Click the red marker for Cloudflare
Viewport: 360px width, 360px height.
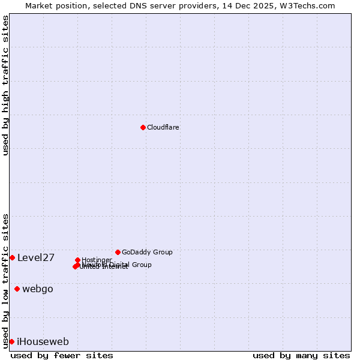[x=143, y=127]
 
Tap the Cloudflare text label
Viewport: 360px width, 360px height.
[x=163, y=127]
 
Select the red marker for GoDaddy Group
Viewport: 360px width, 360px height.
[x=118, y=252]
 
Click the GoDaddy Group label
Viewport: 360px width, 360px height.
[x=147, y=252]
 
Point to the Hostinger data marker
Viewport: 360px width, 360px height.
[x=77, y=260]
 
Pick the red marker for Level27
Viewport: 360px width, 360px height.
[x=12, y=257]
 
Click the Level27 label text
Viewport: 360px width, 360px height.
[x=36, y=258]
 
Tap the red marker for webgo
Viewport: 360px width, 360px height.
[x=17, y=289]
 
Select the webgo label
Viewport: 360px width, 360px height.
[x=38, y=289]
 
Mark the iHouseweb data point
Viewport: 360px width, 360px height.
[x=11, y=341]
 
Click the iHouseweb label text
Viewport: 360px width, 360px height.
[x=43, y=342]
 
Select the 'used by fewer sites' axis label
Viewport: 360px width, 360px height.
[x=62, y=355]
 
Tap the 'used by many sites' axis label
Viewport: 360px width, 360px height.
[x=301, y=355]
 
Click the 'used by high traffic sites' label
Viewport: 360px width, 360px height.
[x=5, y=85]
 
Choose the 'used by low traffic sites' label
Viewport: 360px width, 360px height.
[x=5, y=281]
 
